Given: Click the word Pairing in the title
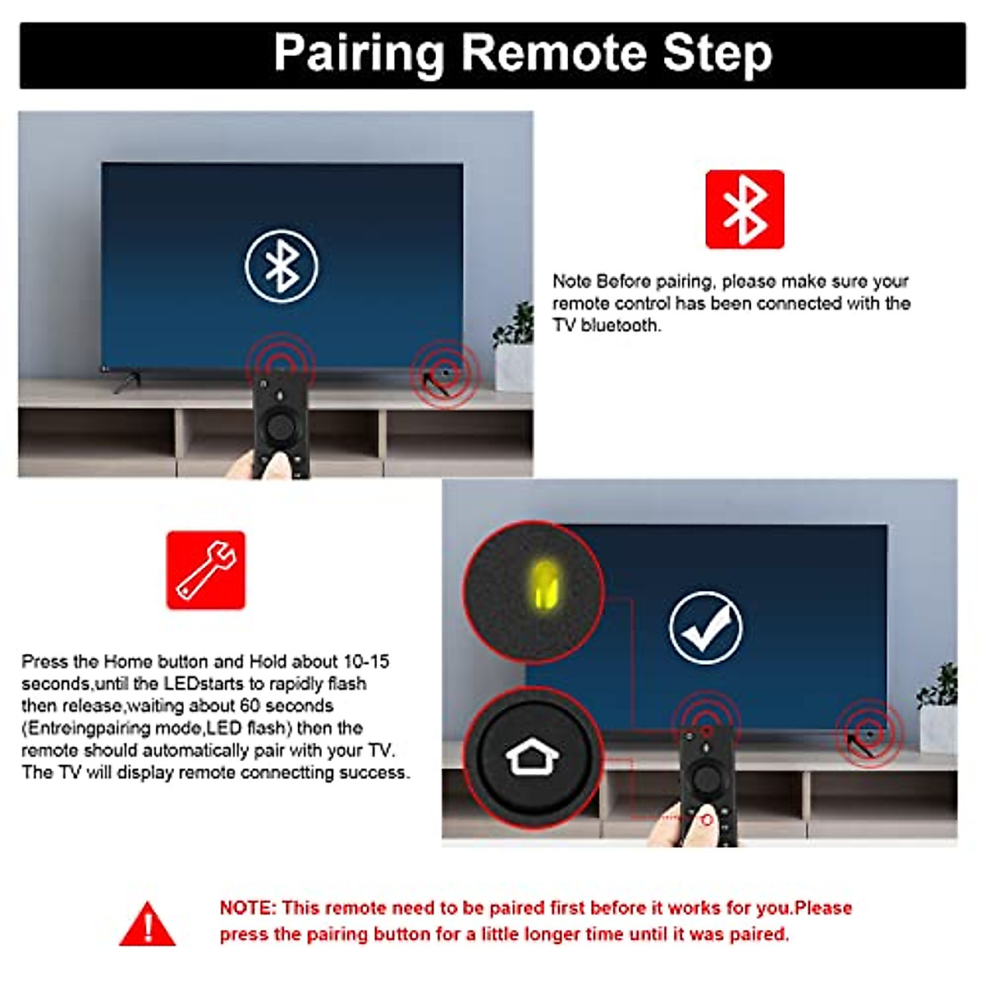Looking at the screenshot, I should click(359, 53).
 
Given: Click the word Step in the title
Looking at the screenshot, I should click(717, 53).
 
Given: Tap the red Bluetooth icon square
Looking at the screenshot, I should click(744, 209).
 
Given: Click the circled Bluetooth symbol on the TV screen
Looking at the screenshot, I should click(282, 266).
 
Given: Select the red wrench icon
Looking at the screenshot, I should click(205, 570).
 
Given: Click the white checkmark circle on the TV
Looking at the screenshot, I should click(705, 627).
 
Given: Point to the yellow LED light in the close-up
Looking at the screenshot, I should click(543, 584).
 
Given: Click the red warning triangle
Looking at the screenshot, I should click(148, 925).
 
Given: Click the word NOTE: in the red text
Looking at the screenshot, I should click(248, 908).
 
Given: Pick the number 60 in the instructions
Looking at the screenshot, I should click(250, 706).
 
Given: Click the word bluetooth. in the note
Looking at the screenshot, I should click(620, 326).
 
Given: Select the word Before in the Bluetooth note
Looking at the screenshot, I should click(624, 282).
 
